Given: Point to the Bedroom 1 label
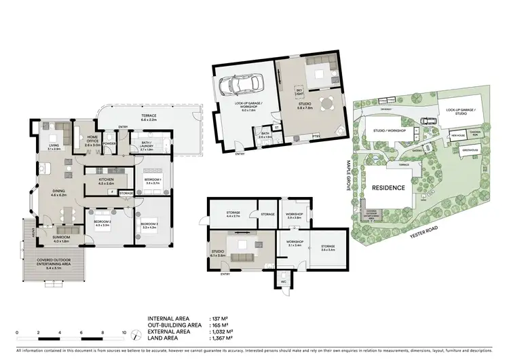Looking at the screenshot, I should tap(151, 180).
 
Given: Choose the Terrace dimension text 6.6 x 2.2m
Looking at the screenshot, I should tap(149, 120).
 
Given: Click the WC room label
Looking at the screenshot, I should tap(284, 281).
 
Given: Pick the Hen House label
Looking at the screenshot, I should tap(439, 135).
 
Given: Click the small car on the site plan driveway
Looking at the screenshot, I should tap(426, 122).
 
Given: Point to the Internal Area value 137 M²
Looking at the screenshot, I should tap(219, 317).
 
